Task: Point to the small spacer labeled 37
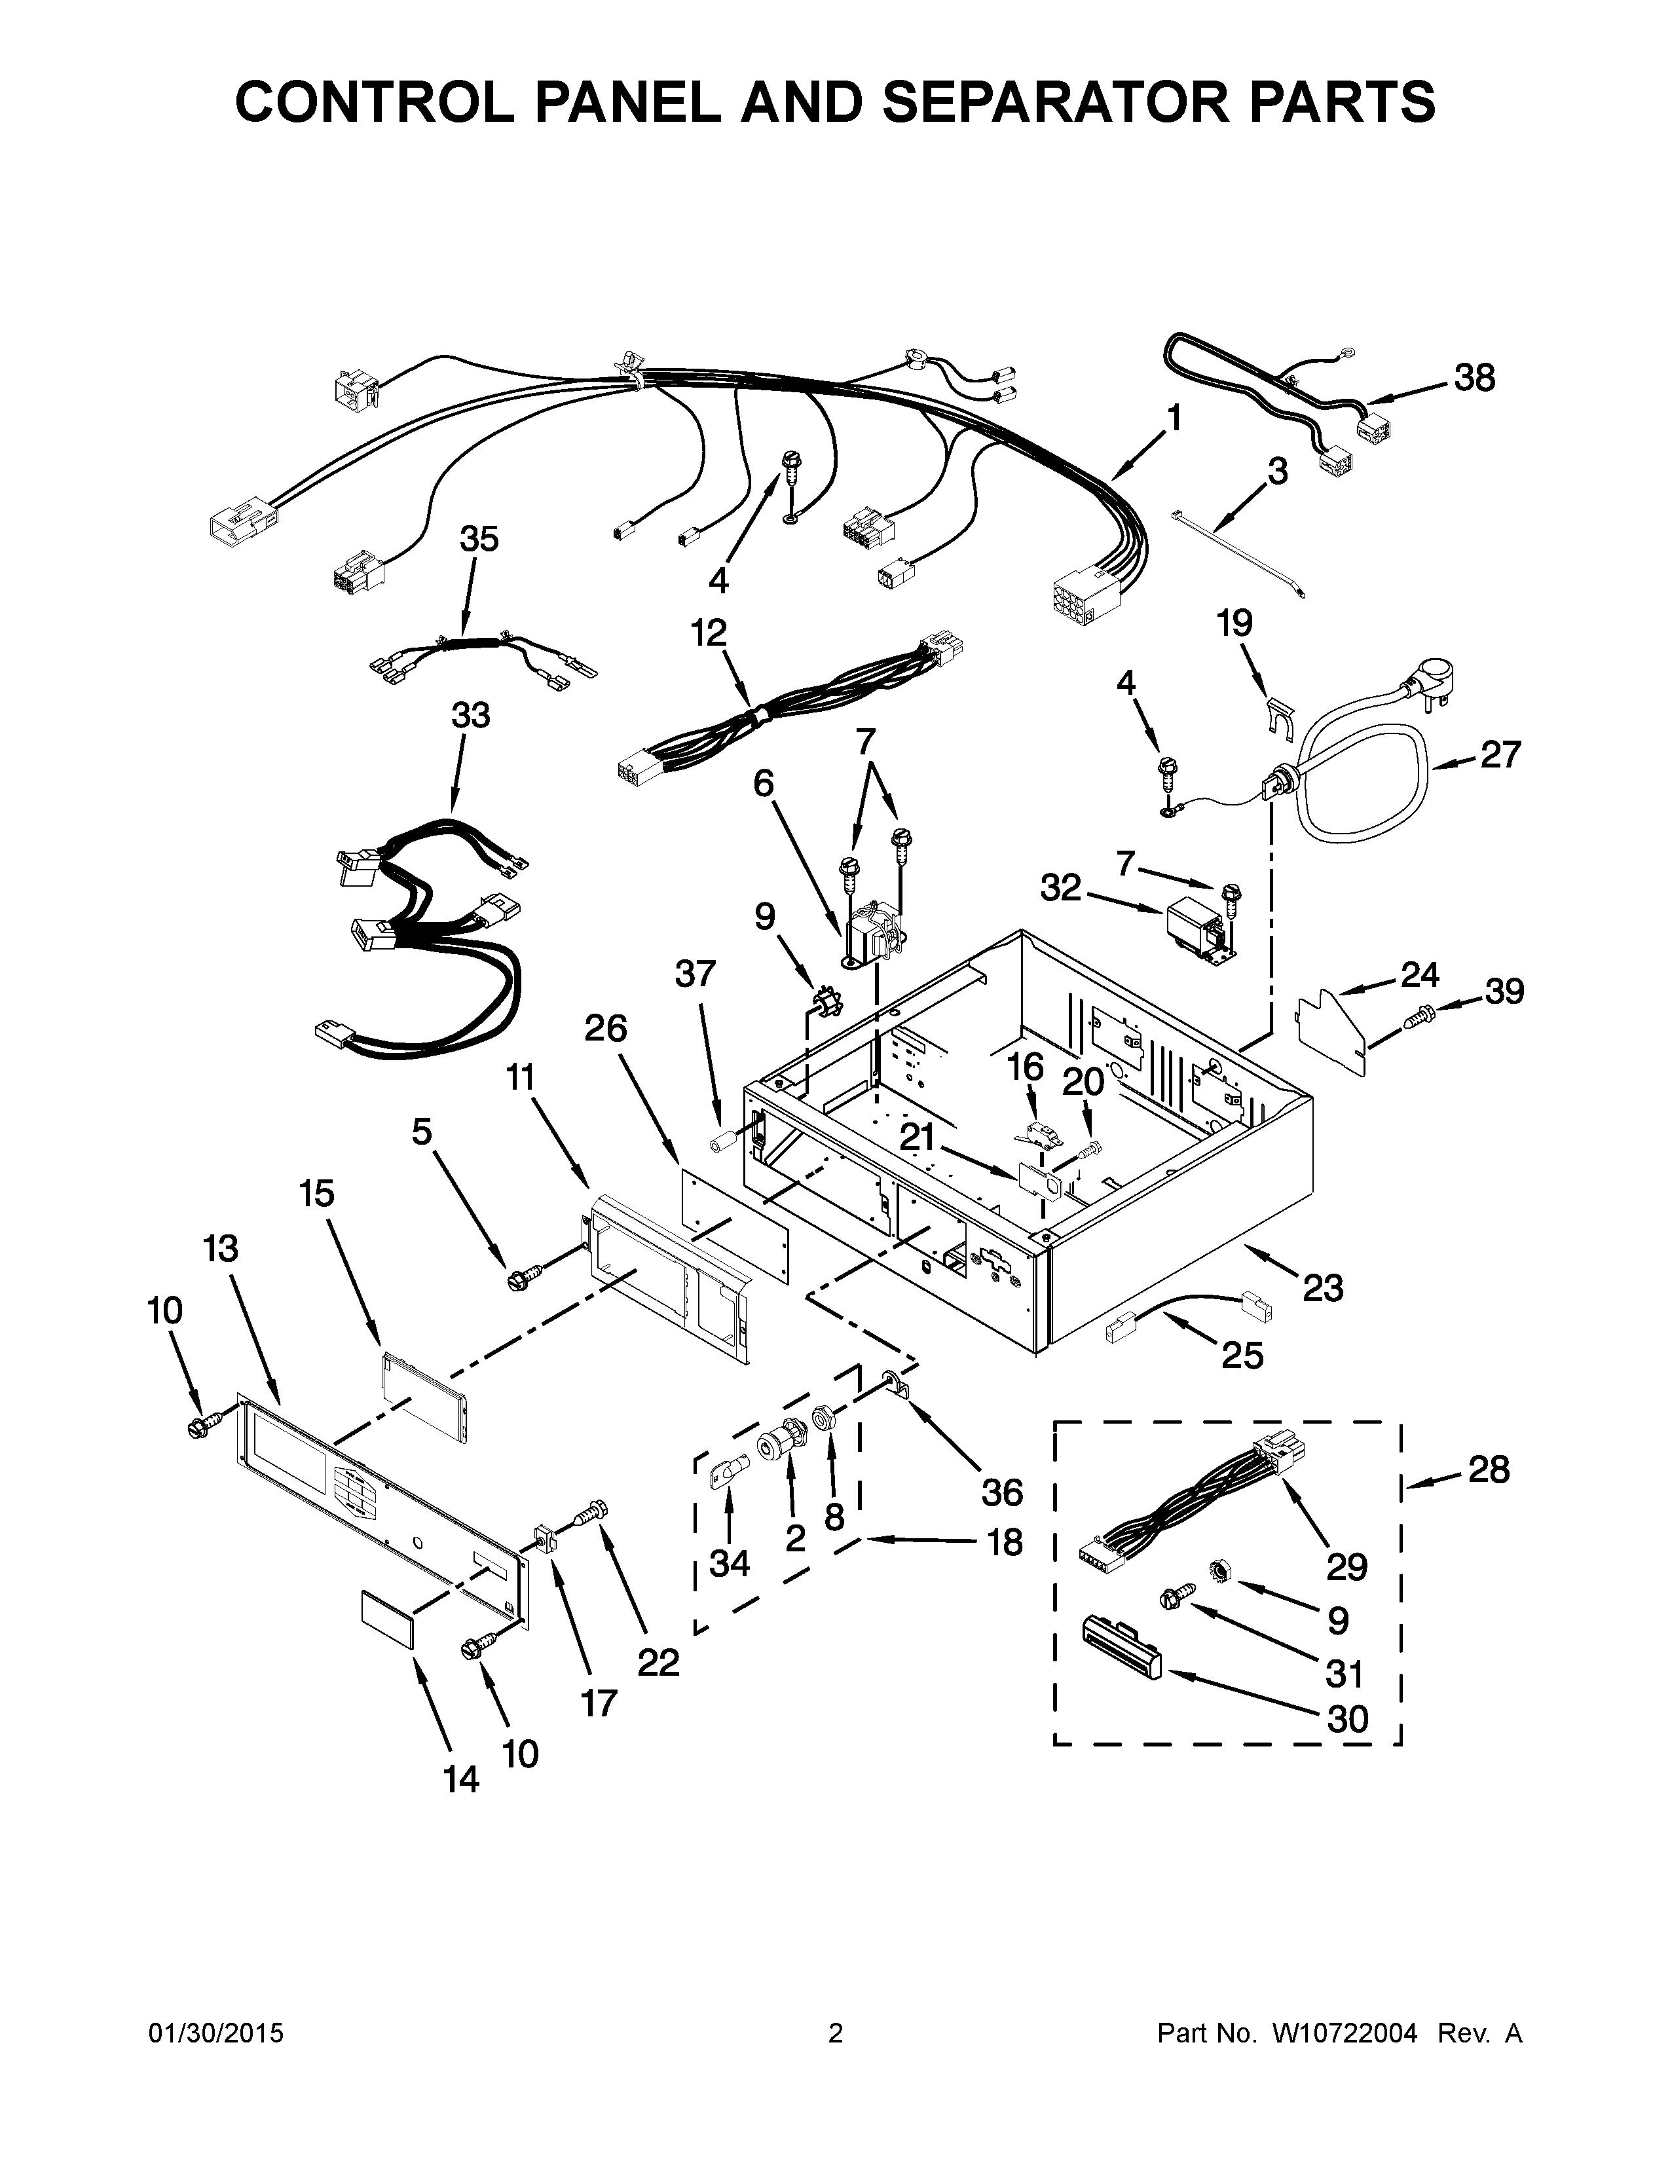point(720,1144)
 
